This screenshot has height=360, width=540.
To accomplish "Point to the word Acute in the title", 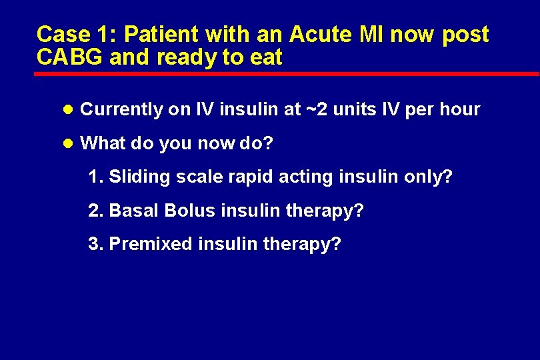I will pyautogui.click(x=315, y=34).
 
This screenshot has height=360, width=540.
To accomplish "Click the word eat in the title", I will pyautogui.click(x=267, y=57).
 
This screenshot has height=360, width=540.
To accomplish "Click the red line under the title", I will pyautogui.click(x=287, y=73).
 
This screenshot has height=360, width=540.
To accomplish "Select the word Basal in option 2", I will pyautogui.click(x=134, y=211).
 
